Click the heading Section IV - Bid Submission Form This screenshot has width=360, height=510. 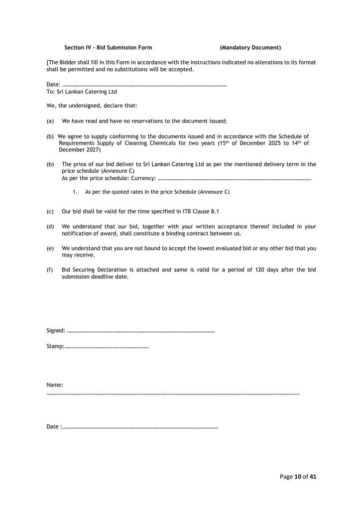click(108, 48)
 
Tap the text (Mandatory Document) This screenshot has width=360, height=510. click(250, 48)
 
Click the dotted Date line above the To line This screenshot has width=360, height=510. click(144, 86)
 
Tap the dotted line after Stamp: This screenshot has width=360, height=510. click(107, 346)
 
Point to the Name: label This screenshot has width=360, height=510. click(55, 385)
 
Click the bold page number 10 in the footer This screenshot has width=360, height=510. click(298, 477)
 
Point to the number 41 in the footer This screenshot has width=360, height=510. click(313, 477)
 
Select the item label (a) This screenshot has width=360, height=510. click(50, 121)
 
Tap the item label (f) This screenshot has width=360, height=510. click(50, 270)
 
